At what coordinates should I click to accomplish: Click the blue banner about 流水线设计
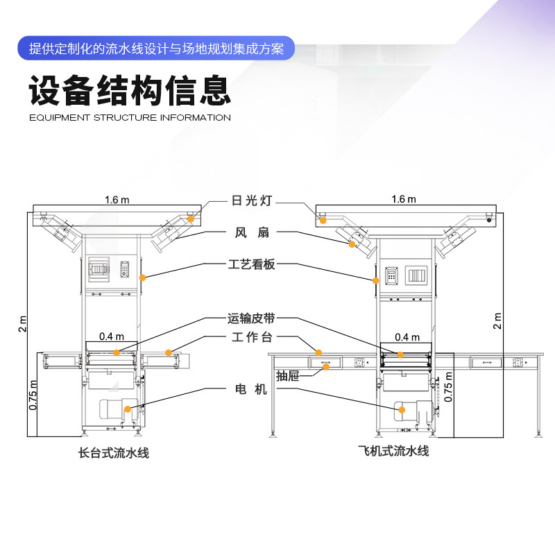pos(157,49)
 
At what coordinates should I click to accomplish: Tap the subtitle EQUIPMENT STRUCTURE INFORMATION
pos(130,118)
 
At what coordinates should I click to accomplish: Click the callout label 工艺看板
pos(252,264)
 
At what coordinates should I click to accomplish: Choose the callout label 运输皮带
pos(252,319)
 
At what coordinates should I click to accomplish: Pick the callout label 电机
pos(251,390)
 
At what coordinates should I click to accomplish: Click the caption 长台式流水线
pos(114,454)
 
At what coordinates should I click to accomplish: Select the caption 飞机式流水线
pos(393,452)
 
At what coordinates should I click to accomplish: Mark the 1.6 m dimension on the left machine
pos(117,200)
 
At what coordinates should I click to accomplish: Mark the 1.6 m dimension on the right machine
pos(404,199)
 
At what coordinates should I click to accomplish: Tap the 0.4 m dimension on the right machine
pos(407,337)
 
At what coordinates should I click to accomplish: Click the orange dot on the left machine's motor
pos(126,409)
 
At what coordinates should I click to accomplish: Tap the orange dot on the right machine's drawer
pos(326,366)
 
